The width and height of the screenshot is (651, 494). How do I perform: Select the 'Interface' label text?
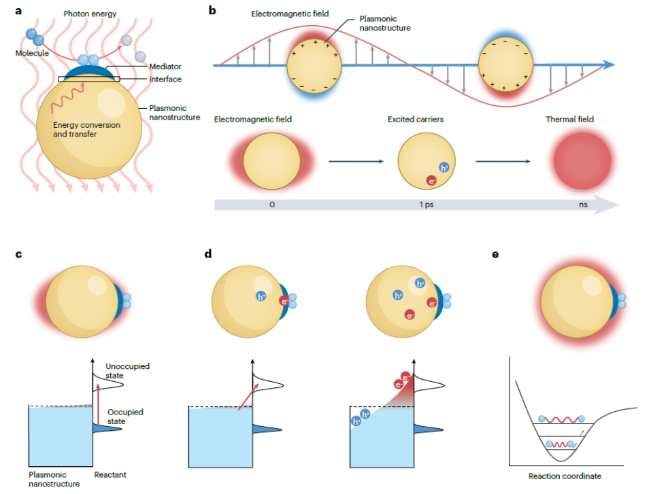(167, 80)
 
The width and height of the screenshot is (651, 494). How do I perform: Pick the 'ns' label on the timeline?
(578, 203)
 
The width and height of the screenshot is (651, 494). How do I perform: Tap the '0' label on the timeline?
(271, 203)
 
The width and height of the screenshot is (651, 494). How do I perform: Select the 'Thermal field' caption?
(569, 120)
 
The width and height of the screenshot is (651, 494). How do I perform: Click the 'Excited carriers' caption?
(416, 120)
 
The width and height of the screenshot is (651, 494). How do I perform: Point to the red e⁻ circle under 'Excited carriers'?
(431, 180)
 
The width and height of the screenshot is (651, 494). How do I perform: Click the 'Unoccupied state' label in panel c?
(127, 371)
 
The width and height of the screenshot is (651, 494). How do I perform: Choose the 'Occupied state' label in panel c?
(127, 417)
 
